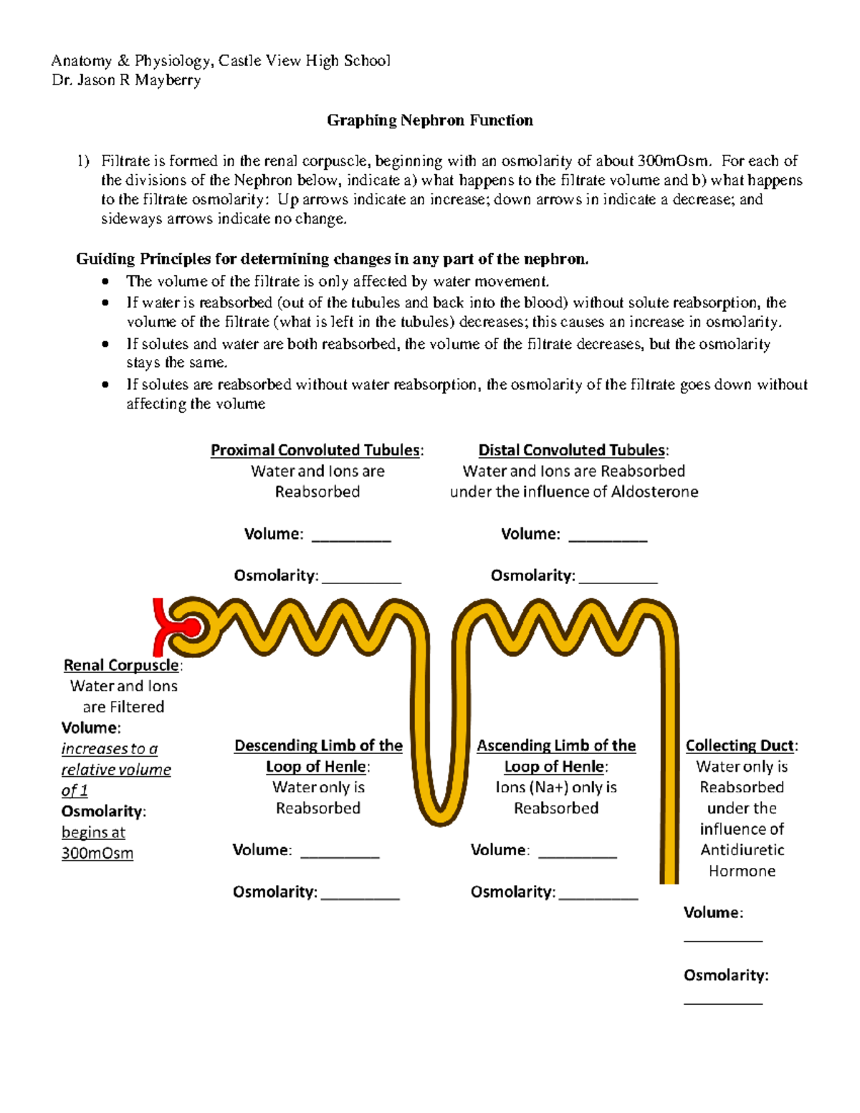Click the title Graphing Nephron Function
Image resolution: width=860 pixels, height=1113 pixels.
pos(429,120)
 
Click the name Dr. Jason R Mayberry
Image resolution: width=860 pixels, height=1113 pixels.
pos(126,80)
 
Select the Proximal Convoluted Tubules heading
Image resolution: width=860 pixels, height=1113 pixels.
pos(316,450)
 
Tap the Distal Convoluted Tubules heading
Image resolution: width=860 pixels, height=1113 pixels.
pos(573,450)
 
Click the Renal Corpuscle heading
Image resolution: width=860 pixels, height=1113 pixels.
pos(121,665)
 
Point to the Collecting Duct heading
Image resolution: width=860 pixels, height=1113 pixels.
pos(740,745)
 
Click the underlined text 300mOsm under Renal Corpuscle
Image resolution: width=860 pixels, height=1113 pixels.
pos(97,854)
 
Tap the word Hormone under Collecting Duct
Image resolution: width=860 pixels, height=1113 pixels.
pos(742,871)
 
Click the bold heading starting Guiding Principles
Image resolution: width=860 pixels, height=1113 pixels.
pos(332,259)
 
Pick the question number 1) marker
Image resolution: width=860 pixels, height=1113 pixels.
pos(84,161)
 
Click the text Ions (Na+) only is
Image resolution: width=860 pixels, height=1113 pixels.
pos(555,787)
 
